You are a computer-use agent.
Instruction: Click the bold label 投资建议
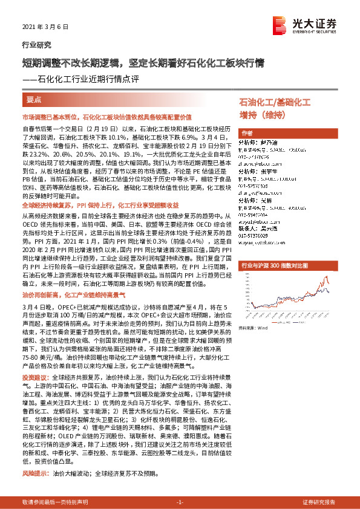[35, 377]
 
